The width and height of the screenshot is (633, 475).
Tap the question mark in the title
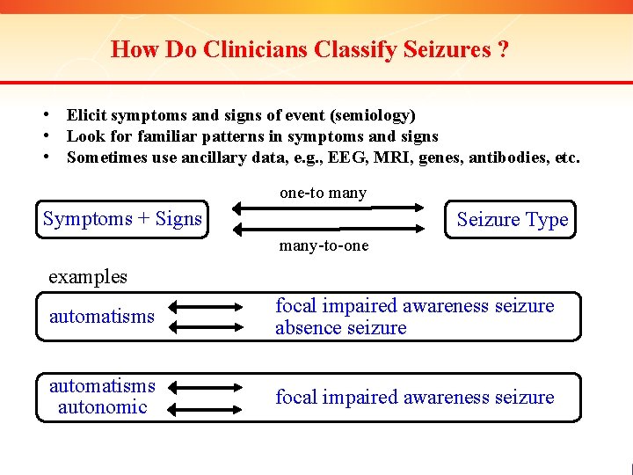click(x=502, y=50)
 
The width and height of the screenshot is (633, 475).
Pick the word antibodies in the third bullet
click(x=510, y=158)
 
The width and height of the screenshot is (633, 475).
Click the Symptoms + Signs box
click(x=122, y=219)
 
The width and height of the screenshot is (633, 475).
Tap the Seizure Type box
click(x=513, y=220)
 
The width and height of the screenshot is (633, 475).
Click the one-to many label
click(x=323, y=193)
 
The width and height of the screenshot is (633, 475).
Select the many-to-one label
click(x=324, y=246)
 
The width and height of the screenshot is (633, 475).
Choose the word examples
click(x=88, y=276)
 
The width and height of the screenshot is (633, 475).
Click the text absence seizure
click(x=341, y=328)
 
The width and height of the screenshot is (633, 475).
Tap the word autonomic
click(x=102, y=407)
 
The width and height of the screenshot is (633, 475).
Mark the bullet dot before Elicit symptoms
click(x=55, y=115)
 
